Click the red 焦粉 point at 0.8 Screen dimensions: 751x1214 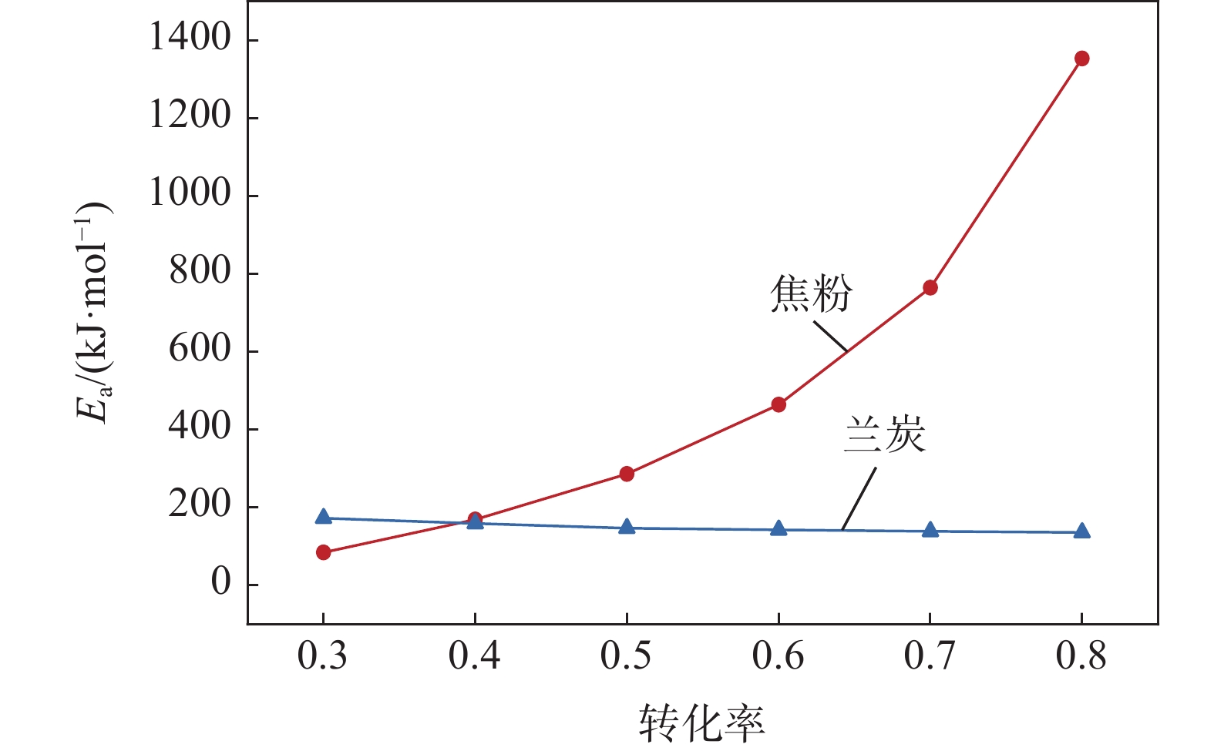(1081, 59)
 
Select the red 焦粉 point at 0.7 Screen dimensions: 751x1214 (930, 287)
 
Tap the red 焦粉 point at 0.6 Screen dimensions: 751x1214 (779, 404)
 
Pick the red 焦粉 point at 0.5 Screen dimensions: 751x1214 (627, 474)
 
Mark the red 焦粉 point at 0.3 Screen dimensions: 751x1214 (324, 552)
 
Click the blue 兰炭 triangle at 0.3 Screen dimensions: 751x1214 (324, 517)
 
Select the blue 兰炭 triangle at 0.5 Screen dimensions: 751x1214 (627, 528)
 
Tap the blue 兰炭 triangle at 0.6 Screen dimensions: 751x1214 (779, 529)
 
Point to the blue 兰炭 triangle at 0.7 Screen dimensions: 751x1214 (930, 530)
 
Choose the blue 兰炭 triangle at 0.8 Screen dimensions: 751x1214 (1081, 531)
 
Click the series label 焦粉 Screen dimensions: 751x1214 (811, 293)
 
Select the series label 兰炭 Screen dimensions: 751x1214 (885, 434)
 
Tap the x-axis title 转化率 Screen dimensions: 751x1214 (701, 723)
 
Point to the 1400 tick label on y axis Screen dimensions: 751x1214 (190, 38)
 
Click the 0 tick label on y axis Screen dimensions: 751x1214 (220, 582)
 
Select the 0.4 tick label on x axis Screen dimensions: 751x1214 (475, 656)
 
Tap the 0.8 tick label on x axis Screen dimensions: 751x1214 (1081, 656)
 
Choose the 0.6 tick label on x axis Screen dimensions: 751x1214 (779, 656)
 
